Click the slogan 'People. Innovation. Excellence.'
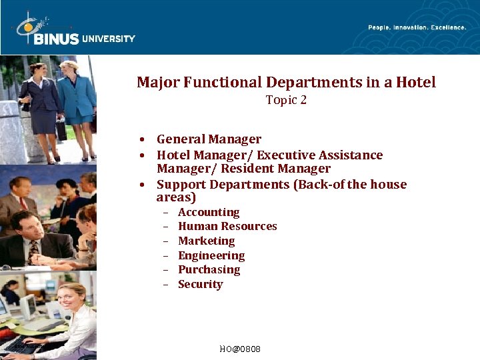[417, 27]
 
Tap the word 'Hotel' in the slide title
[415, 83]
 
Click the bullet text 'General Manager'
[209, 139]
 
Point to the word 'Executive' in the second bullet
[287, 155]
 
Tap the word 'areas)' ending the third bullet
[176, 198]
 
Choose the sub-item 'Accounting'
[209, 213]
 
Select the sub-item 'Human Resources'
[227, 227]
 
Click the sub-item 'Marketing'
[206, 241]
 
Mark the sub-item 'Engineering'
[211, 256]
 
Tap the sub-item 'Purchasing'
[209, 270]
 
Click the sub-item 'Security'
[200, 285]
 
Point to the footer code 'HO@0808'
[240, 349]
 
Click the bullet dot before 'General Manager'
[143, 140]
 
